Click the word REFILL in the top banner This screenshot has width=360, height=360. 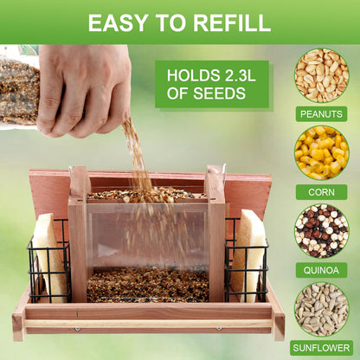(x=232, y=22)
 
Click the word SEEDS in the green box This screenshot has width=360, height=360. (x=219, y=93)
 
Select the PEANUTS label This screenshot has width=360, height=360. (x=321, y=114)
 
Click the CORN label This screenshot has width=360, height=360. (x=321, y=192)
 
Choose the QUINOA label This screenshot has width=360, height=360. (x=321, y=270)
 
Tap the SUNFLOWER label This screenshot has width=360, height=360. (x=321, y=348)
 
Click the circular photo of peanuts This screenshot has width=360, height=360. (x=322, y=75)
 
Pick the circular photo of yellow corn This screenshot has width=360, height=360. (x=322, y=153)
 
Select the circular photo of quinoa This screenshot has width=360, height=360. (x=322, y=231)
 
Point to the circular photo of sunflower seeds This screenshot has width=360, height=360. (x=322, y=309)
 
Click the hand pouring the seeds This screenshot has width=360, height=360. (x=84, y=89)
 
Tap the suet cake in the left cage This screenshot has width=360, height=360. (x=48, y=257)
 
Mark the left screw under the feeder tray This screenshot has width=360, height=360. (x=77, y=329)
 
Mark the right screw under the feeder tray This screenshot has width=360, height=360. (x=219, y=329)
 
